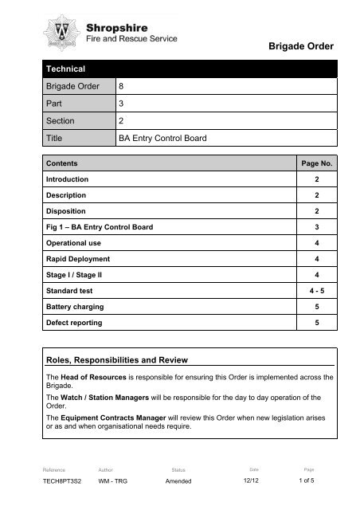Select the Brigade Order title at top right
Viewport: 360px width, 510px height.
point(296,47)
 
